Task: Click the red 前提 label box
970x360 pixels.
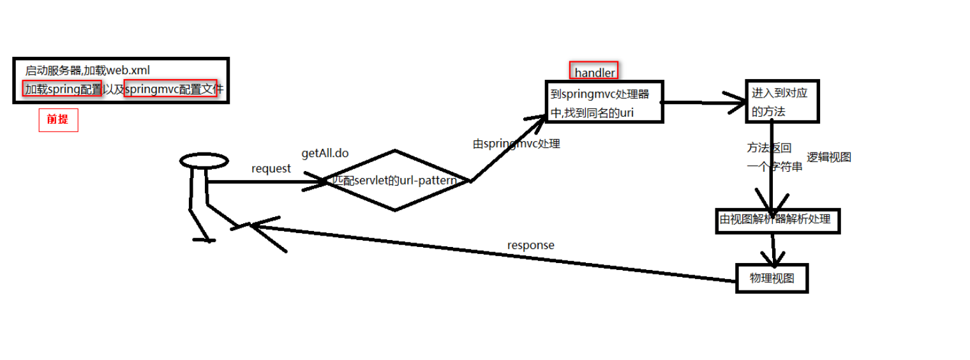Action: click(58, 119)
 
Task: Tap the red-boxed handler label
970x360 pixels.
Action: click(594, 72)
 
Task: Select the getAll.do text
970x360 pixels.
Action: click(325, 154)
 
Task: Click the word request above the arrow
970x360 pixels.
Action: click(271, 169)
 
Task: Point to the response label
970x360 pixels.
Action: click(530, 245)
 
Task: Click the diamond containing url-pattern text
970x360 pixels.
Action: click(396, 181)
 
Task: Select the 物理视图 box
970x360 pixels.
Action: click(772, 279)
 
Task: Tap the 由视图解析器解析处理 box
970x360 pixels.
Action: click(777, 220)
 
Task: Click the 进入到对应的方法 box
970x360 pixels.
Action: click(782, 101)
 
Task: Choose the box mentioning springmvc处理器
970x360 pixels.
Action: click(603, 101)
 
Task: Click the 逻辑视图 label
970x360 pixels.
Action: click(829, 158)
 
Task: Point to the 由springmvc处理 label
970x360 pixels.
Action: click(516, 144)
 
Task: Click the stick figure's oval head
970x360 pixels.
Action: click(204, 161)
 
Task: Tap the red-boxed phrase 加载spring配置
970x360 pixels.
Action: click(63, 89)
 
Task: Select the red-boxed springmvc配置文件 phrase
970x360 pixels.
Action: click(170, 89)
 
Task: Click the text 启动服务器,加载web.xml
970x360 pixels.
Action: click(87, 70)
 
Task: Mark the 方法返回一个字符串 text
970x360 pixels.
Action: click(773, 158)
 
